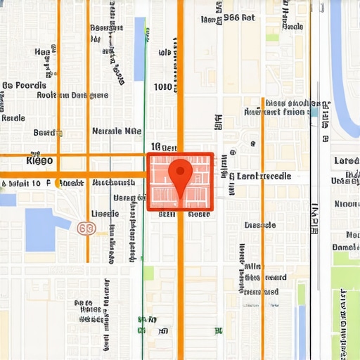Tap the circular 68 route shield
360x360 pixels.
pyautogui.click(x=86, y=229)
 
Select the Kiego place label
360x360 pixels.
pyautogui.click(x=39, y=160)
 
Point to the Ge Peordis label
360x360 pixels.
pyautogui.click(x=24, y=85)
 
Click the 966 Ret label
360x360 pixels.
pyautogui.click(x=238, y=18)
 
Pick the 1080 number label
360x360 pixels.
pyautogui.click(x=162, y=87)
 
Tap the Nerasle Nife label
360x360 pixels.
pyautogui.click(x=117, y=131)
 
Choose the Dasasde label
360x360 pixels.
pyautogui.click(x=259, y=226)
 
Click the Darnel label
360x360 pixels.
pyautogui.click(x=345, y=247)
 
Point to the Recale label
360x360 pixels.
pyautogui.click(x=13, y=118)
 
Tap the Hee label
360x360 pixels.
pyautogui.click(x=42, y=52)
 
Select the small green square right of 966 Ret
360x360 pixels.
pyautogui.click(x=271, y=37)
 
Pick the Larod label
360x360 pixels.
pyautogui.click(x=346, y=161)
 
